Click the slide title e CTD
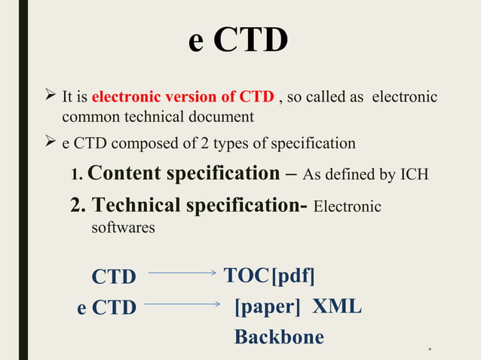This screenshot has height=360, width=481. [238, 41]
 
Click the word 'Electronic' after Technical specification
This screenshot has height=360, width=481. [347, 207]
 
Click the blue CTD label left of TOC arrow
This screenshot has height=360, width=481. [114, 277]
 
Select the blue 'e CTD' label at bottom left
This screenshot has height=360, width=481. [106, 308]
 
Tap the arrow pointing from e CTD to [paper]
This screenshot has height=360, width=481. [181, 304]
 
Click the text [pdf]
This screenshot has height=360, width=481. [293, 276]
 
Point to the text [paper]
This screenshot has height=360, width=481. [268, 307]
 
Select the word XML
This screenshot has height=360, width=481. [337, 306]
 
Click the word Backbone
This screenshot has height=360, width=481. [279, 337]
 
